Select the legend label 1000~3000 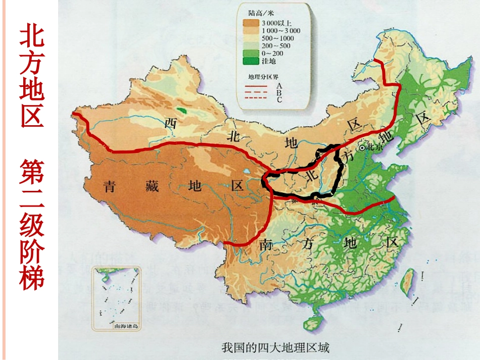[281, 30]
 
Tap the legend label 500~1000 [277, 38]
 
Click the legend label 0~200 [273, 54]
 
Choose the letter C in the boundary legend [279, 99]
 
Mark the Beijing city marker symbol [362, 148]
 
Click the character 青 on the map [110, 186]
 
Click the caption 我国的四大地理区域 [275, 347]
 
